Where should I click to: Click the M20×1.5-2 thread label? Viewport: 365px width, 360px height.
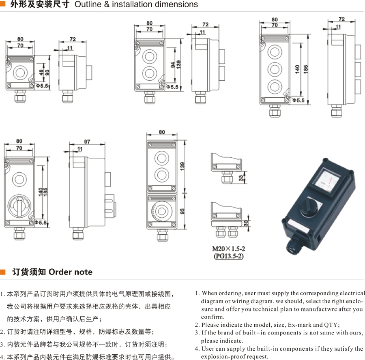[228, 249]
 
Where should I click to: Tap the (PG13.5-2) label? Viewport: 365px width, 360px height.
[228, 256]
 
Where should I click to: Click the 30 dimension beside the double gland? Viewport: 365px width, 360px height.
[246, 223]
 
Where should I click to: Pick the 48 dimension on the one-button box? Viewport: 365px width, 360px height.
[41, 72]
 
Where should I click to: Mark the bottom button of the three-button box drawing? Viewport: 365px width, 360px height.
[275, 86]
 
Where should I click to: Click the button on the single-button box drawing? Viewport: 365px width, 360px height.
[19, 72]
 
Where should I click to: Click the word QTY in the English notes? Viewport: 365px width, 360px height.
[332, 325]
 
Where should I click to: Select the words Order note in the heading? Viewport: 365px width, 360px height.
[71, 272]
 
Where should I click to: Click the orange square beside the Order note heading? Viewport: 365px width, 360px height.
[3, 272]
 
